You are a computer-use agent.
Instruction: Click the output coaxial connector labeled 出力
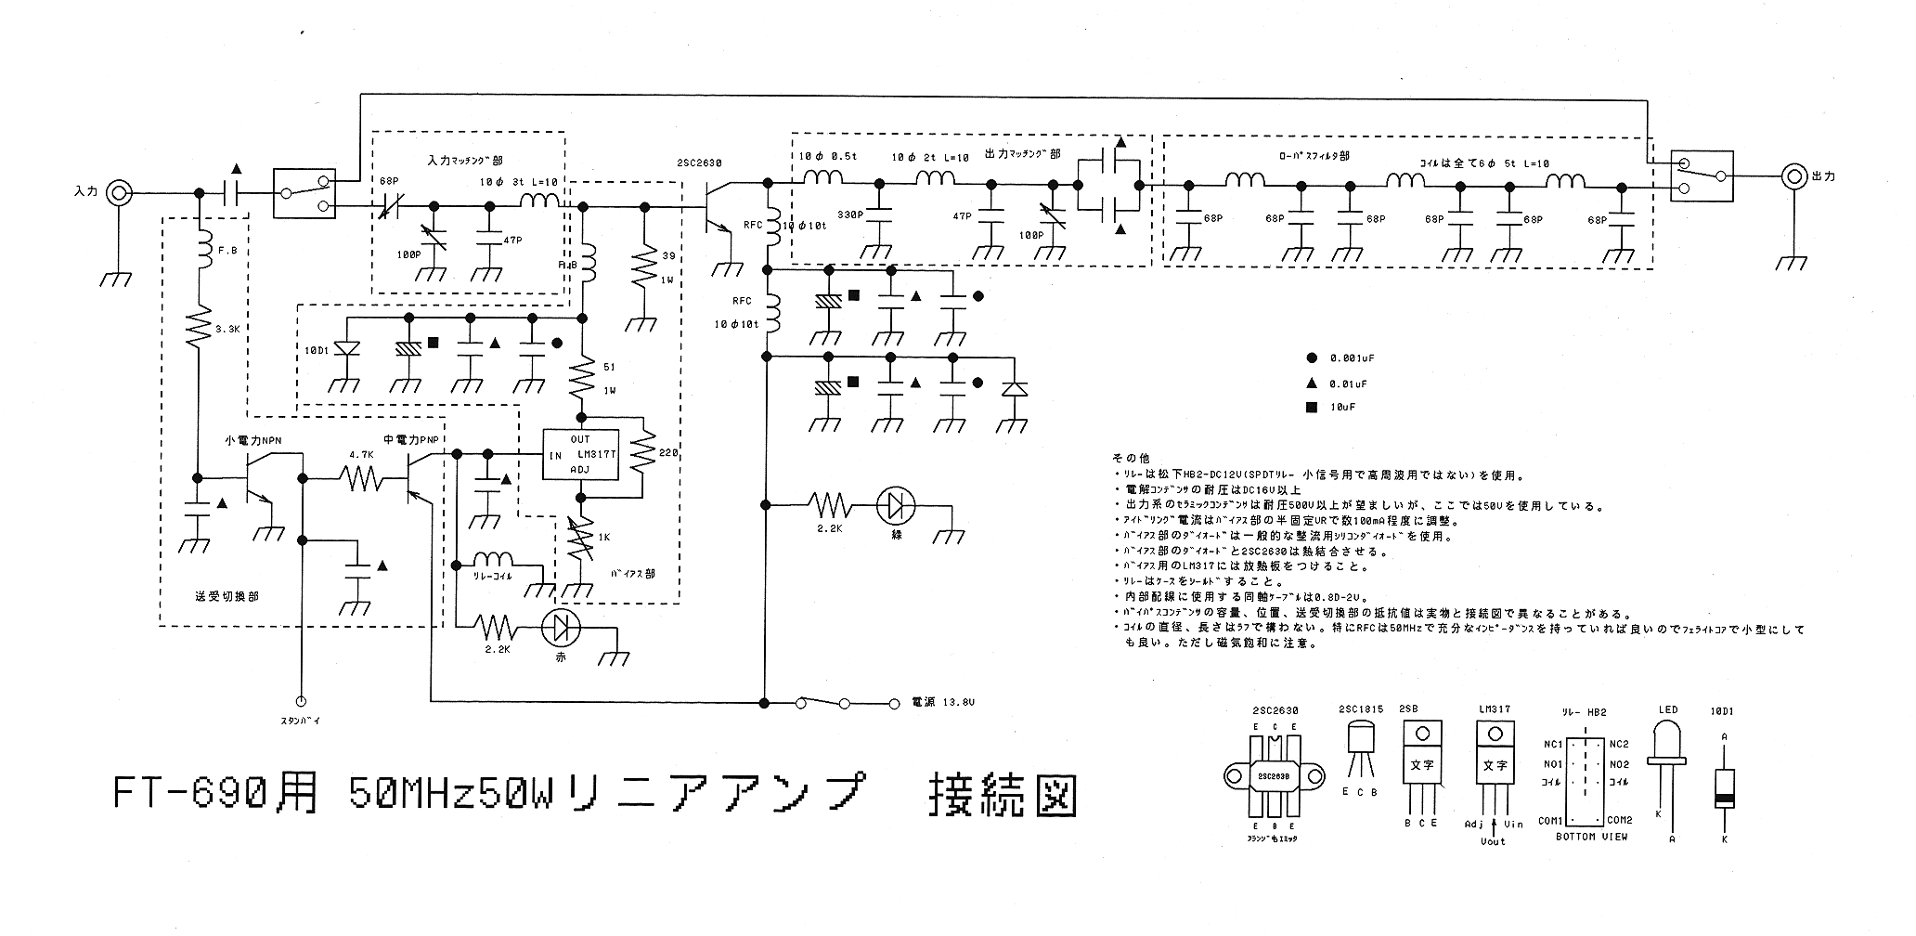point(1794,175)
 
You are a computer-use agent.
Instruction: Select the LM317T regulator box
point(581,455)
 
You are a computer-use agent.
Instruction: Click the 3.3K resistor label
point(228,329)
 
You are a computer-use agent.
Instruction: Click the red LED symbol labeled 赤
point(561,630)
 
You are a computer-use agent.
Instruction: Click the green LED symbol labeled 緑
point(896,505)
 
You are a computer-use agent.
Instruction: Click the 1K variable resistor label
point(603,538)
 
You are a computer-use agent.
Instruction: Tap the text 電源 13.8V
point(943,703)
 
